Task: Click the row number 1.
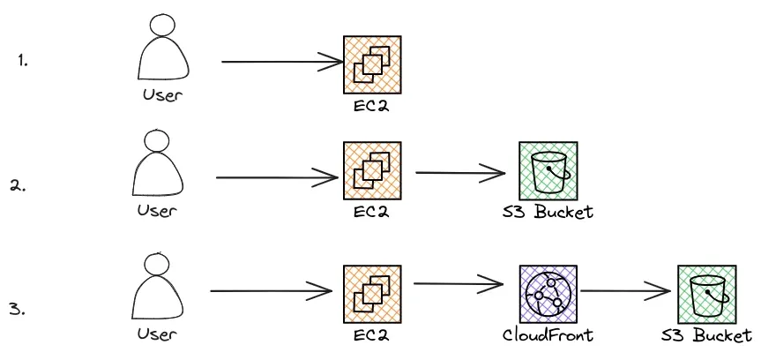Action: tap(23, 61)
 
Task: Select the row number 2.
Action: tap(19, 185)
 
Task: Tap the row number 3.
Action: tap(17, 310)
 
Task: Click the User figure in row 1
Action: tap(164, 50)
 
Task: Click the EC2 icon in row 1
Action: tap(371, 64)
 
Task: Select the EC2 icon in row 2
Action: tap(371, 171)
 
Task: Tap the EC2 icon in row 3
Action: tap(371, 294)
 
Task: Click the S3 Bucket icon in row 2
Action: tap(548, 171)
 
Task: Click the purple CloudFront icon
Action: tap(548, 295)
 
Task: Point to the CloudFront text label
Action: tap(547, 335)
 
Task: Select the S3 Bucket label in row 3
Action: tap(707, 335)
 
